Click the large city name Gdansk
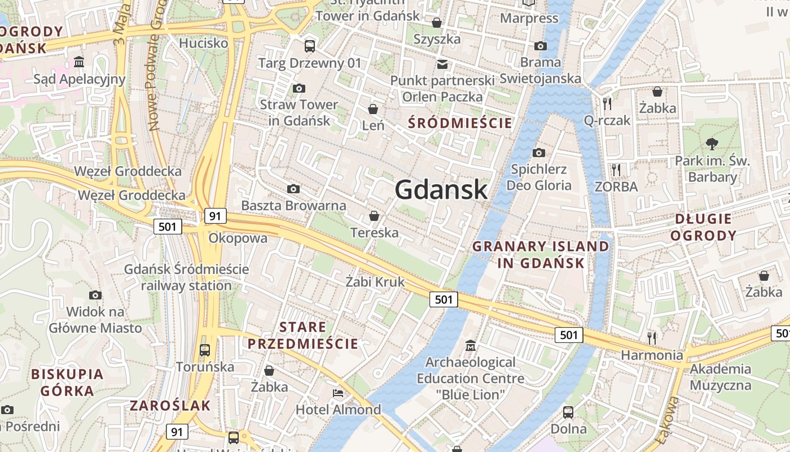(441, 189)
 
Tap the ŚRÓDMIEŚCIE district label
(460, 123)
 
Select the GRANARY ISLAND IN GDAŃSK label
(541, 254)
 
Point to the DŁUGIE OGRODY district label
(703, 227)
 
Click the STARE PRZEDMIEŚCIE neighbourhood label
(302, 335)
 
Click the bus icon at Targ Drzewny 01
(309, 46)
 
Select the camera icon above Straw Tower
(299, 88)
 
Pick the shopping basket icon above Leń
(373, 108)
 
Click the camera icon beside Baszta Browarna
(293, 189)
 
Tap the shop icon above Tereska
(374, 216)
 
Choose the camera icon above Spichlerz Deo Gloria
(538, 153)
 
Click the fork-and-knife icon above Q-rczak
(607, 103)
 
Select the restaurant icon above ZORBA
(616, 169)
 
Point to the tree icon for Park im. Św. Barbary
(712, 144)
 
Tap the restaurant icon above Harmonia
(652, 338)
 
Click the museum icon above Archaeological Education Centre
(470, 345)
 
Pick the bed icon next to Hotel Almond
(338, 393)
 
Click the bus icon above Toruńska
(205, 350)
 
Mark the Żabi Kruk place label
(375, 281)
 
